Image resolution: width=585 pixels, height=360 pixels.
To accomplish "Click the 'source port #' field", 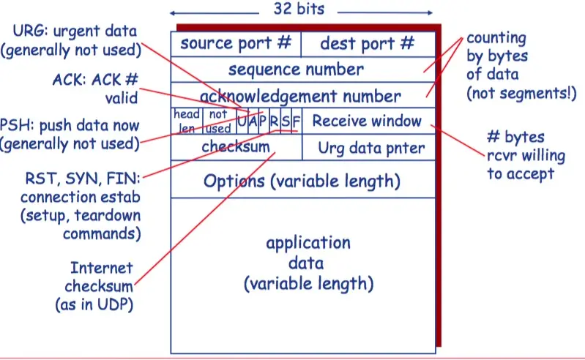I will point(235,43).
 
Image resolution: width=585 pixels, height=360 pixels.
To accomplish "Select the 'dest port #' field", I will point(367,43).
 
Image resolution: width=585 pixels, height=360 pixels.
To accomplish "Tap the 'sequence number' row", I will point(296,70).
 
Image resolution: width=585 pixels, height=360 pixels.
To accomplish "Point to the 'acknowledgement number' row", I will point(300,96).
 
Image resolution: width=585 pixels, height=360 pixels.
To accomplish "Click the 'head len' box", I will point(186,121).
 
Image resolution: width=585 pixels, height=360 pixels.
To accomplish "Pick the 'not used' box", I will point(218,121).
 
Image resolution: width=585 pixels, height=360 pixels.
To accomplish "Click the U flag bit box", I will point(241,121).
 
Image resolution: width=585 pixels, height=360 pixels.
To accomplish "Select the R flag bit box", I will point(273,121).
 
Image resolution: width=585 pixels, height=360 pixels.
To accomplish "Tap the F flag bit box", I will point(296,121).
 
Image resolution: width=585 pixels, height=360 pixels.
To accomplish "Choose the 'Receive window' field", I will point(367,121).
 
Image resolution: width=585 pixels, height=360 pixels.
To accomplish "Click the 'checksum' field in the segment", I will point(236,148).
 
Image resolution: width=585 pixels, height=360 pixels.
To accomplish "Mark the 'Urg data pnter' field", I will point(370,148).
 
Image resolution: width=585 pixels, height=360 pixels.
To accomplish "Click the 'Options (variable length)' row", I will point(302,181).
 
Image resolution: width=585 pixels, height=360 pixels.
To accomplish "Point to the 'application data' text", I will point(308,262).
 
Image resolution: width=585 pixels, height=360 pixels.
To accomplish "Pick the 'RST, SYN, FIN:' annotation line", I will point(81,179).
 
